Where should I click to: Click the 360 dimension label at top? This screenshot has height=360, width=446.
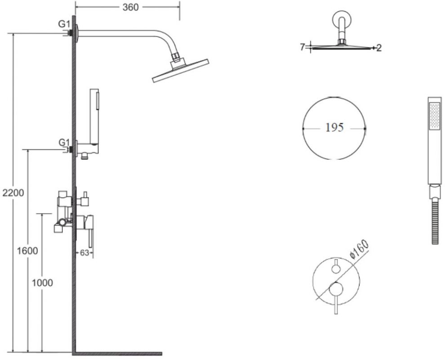pyautogui.click(x=130, y=7)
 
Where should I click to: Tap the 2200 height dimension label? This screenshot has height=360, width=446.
pyautogui.click(x=13, y=193)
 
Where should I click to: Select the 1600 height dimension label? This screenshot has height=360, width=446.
pyautogui.click(x=27, y=251)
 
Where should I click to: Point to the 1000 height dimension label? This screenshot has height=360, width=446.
pyautogui.click(x=42, y=283)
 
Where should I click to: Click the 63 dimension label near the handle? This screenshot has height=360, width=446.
pyautogui.click(x=85, y=252)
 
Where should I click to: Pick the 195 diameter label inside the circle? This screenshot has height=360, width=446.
pyautogui.click(x=334, y=127)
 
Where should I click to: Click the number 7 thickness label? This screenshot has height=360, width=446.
pyautogui.click(x=303, y=47)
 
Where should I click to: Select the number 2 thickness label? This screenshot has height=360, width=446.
pyautogui.click(x=379, y=48)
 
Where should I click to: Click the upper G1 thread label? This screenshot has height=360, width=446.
pyautogui.click(x=64, y=24)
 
